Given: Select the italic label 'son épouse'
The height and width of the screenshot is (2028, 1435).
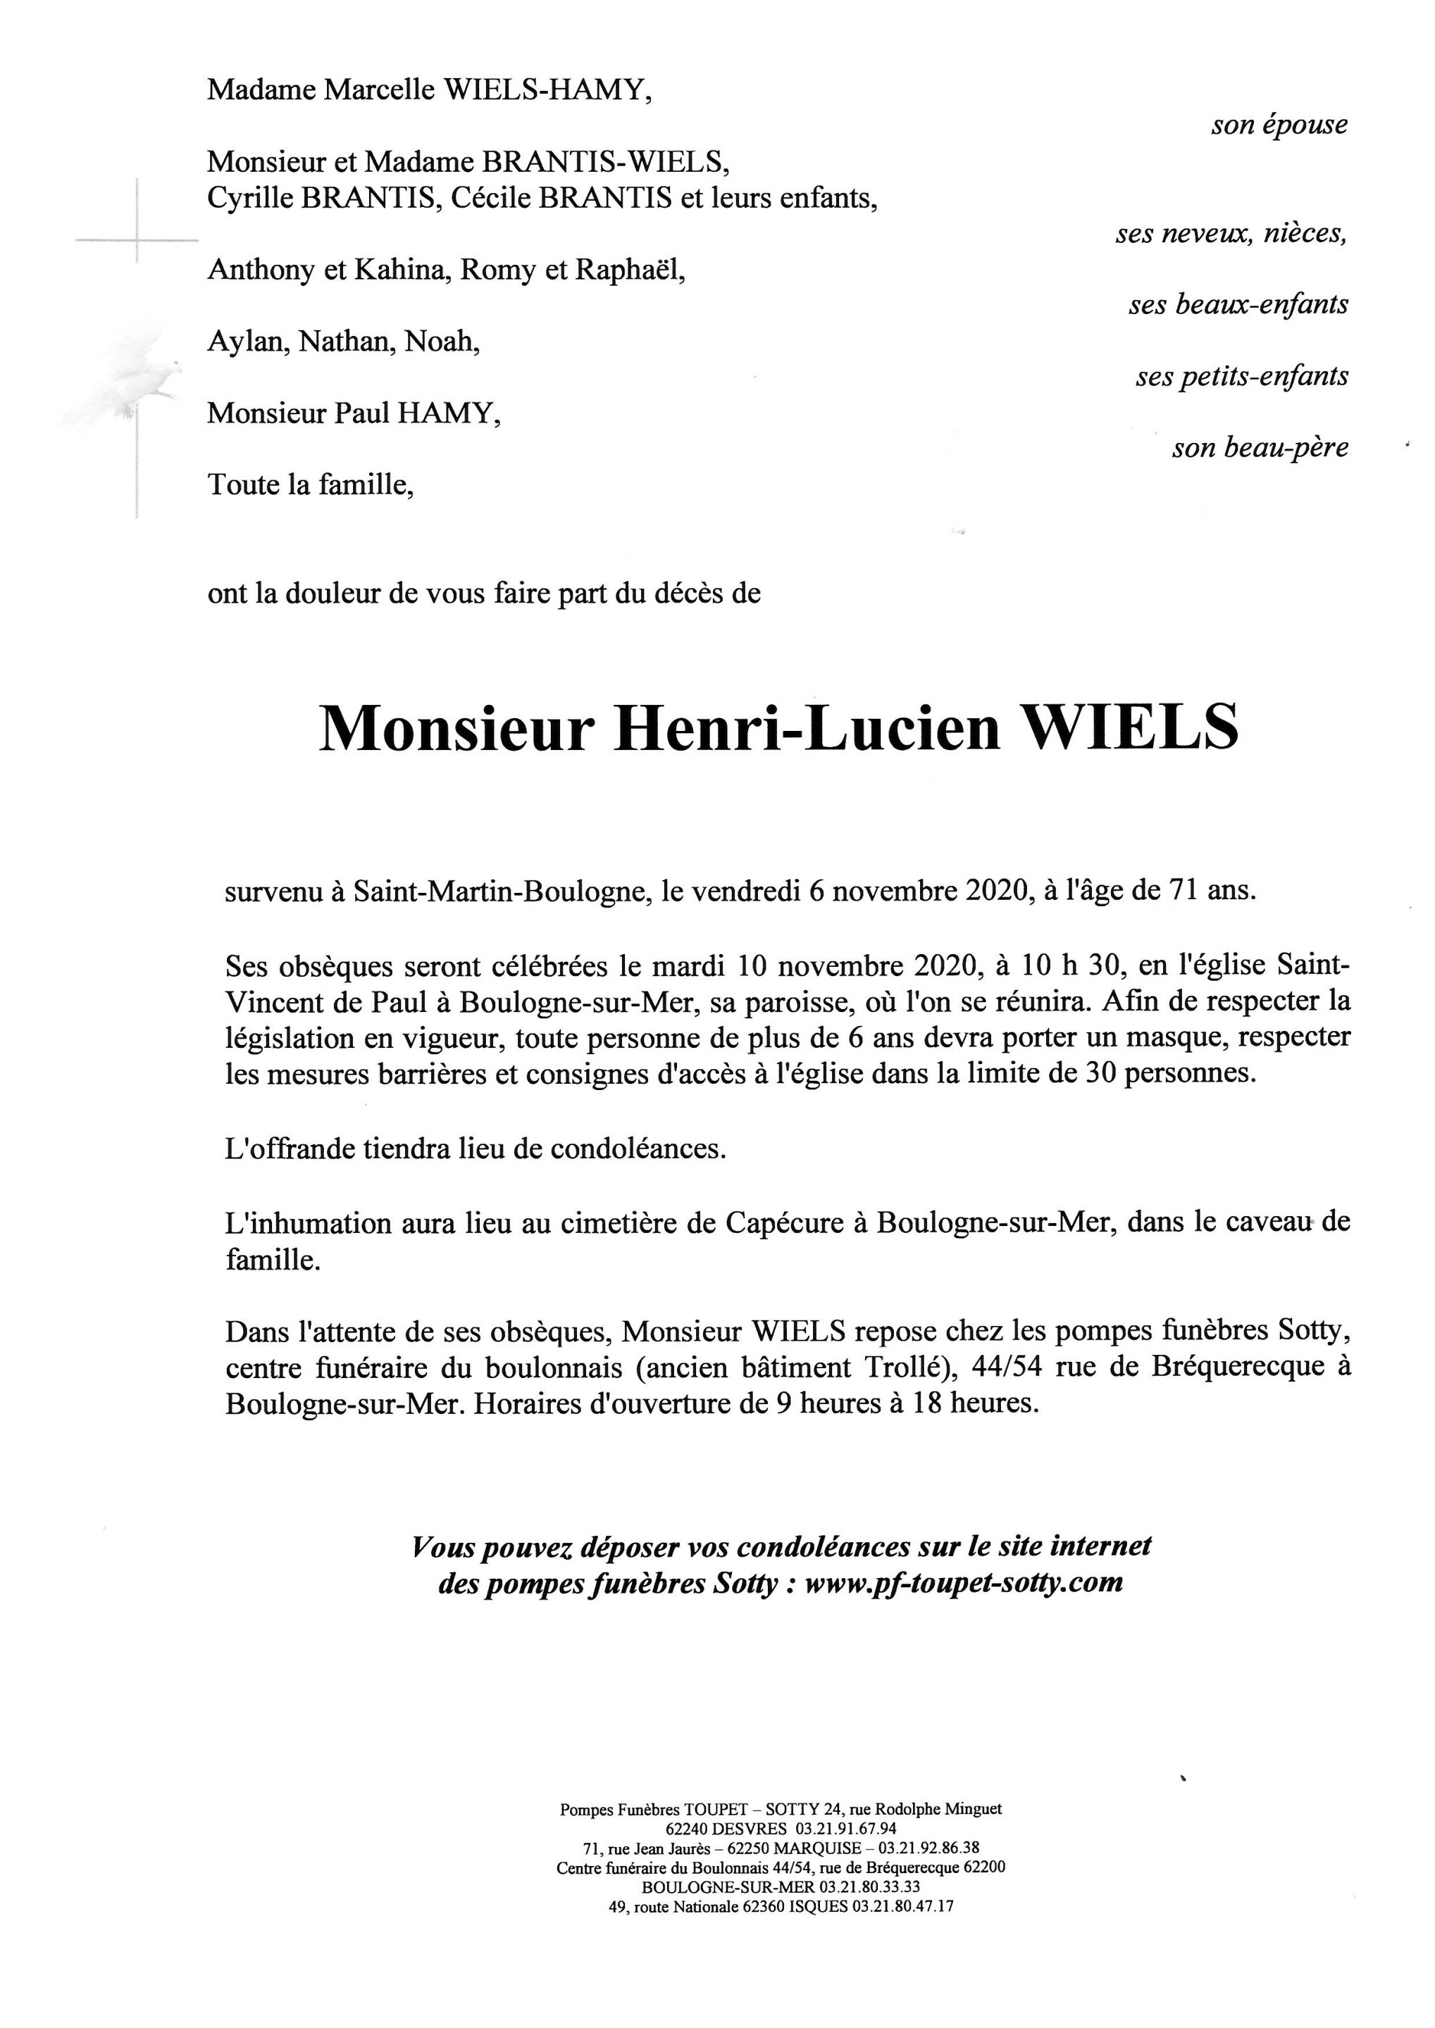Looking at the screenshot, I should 1279,125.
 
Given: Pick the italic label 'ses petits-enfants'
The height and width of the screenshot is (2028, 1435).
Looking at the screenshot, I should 1241,376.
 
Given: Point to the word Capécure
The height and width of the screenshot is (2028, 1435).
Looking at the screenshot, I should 788,1223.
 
